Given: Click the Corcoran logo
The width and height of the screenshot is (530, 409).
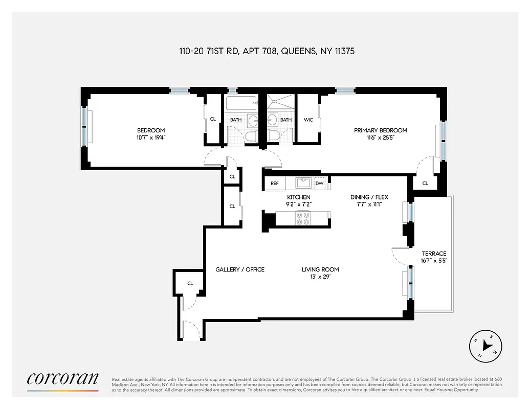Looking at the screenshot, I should [62, 378].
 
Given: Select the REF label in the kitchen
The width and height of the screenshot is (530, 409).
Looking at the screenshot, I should [275, 183].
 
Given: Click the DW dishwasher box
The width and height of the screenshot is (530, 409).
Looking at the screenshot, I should [319, 183].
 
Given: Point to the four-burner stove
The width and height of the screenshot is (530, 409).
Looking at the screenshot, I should [303, 218].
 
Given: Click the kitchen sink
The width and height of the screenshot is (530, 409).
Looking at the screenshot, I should [302, 183].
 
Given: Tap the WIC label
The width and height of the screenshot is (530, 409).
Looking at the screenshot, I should [308, 120].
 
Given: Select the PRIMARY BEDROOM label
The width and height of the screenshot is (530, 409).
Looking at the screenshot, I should [381, 130].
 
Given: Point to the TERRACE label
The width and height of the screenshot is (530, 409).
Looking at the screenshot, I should [434, 253].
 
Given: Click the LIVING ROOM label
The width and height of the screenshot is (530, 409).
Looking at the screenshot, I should [320, 269].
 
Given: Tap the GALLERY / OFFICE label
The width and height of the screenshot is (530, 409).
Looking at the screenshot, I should [239, 269].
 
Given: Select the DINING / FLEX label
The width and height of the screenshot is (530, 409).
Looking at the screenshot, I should [366, 197].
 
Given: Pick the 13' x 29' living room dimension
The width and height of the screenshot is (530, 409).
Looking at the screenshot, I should [320, 277].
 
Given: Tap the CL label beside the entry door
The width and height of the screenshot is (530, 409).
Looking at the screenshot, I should [190, 283].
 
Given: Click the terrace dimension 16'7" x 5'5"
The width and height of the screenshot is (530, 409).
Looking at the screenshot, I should [434, 260].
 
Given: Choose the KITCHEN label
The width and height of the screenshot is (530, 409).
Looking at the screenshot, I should [299, 197].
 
